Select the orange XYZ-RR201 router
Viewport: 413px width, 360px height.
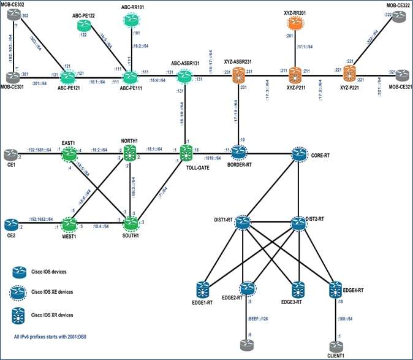point(296,24)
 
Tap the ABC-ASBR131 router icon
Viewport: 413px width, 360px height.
point(185,76)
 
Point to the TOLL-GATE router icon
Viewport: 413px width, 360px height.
point(184,151)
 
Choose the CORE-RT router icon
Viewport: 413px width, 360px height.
point(300,154)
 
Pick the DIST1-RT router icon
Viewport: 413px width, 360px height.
point(241,222)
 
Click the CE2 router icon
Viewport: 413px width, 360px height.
point(12,224)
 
